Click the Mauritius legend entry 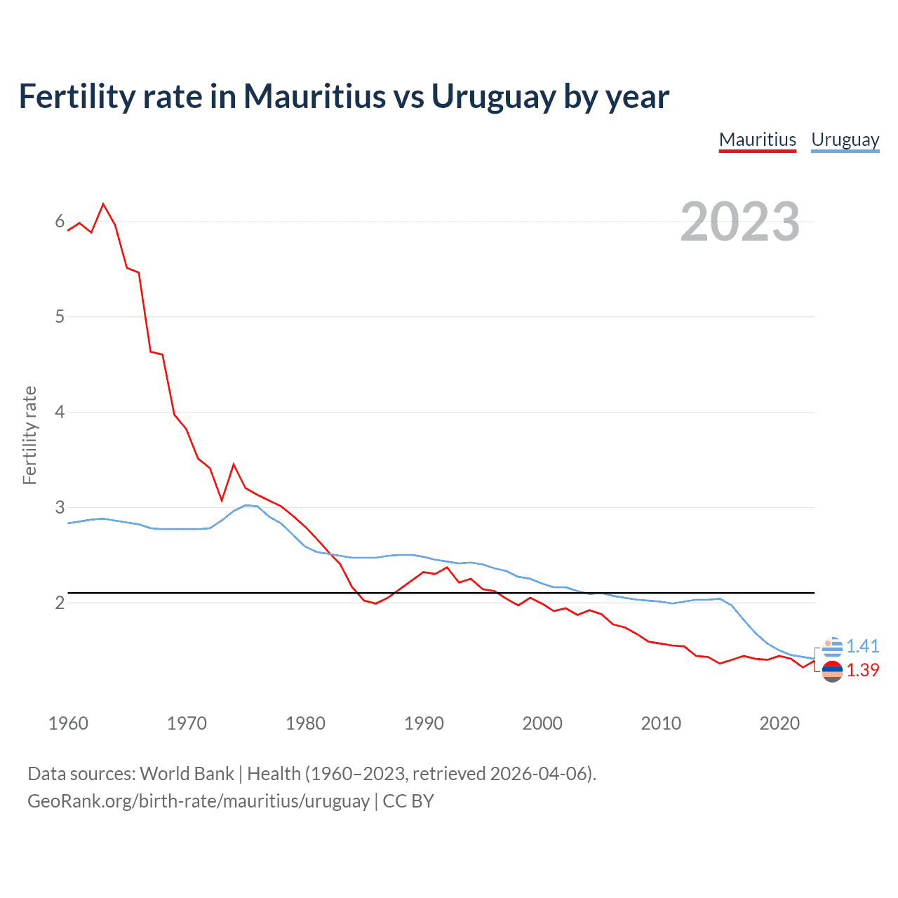point(758,140)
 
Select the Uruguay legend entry point(845,140)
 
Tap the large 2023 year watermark point(740,222)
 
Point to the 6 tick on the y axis point(60,222)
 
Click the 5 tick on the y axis point(60,316)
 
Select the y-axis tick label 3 point(60,507)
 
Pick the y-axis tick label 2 point(60,603)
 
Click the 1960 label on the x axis point(68,723)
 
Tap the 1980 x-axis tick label point(305,723)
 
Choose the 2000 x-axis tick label point(542,723)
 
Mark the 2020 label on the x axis point(779,723)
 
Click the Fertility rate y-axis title point(29,435)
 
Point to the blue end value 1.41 point(862,646)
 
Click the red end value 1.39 point(862,671)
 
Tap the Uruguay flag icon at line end point(832,647)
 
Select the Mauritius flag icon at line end point(832,671)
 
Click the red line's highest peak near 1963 point(103,204)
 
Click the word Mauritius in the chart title point(314,96)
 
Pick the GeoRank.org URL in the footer point(198,800)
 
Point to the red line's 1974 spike point(234,464)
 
